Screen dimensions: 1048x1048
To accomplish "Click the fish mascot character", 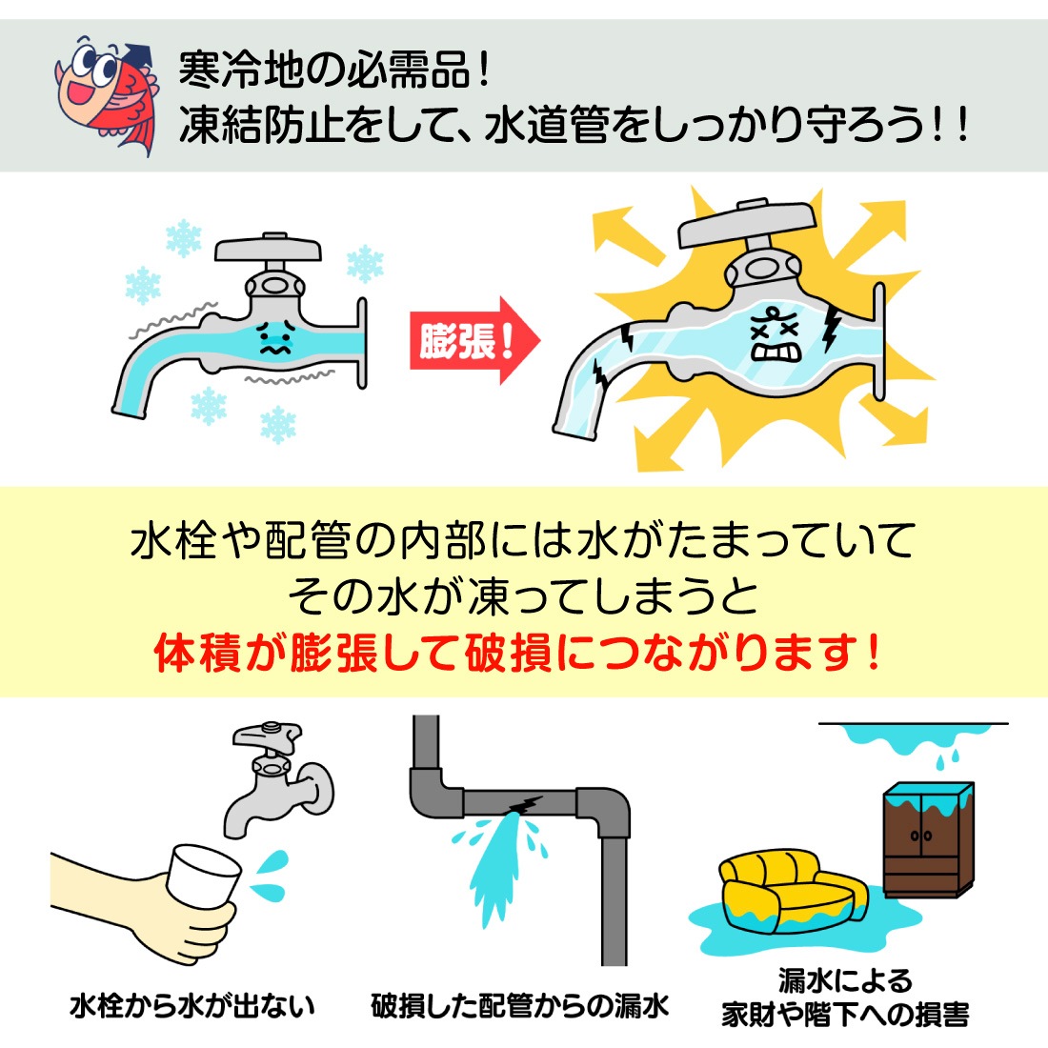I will point(105,91).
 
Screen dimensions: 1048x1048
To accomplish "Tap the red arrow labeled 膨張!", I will point(472,340).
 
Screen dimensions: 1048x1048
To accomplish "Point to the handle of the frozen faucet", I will point(267,249).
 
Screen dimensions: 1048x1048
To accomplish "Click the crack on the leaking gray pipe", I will point(523,805).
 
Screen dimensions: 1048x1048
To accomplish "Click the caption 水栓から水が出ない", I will point(191,1006).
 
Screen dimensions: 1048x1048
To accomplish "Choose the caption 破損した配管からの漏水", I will point(520,1006).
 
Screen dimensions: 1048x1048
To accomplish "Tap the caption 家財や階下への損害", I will point(845,1014).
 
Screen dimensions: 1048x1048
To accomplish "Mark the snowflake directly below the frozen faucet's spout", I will point(209,405).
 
